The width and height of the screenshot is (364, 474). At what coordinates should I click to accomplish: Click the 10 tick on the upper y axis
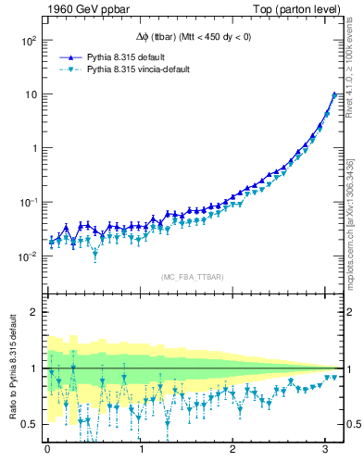[x=31, y=94]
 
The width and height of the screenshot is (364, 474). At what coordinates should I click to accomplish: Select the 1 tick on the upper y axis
[x=33, y=148]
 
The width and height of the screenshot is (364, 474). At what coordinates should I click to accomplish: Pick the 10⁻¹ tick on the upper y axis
[x=28, y=203]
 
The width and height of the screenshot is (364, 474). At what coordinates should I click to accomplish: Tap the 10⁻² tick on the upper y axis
[x=28, y=256]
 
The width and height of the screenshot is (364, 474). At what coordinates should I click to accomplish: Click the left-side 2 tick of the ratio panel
[x=33, y=312]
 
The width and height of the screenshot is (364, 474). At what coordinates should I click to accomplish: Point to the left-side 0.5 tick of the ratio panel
[x=30, y=424]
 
